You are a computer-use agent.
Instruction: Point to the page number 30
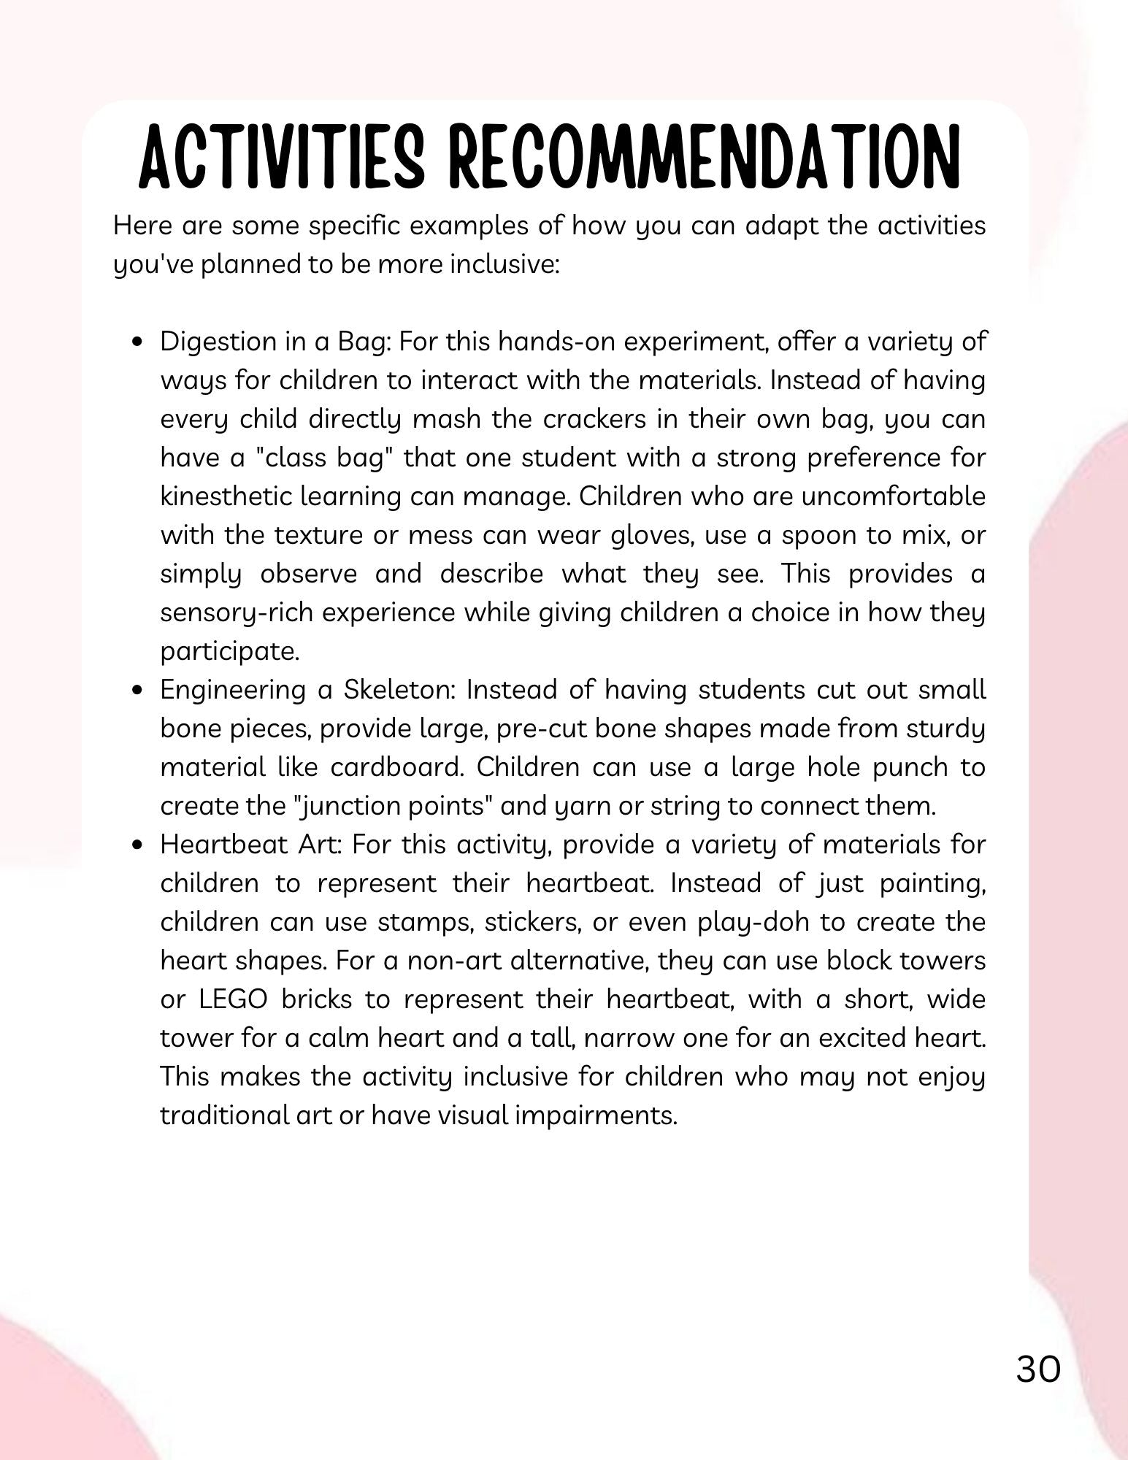click(1037, 1370)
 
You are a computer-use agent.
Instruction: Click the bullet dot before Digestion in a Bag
click(137, 342)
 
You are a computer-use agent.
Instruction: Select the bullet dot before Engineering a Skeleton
click(137, 691)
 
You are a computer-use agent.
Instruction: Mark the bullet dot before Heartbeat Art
click(137, 845)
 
